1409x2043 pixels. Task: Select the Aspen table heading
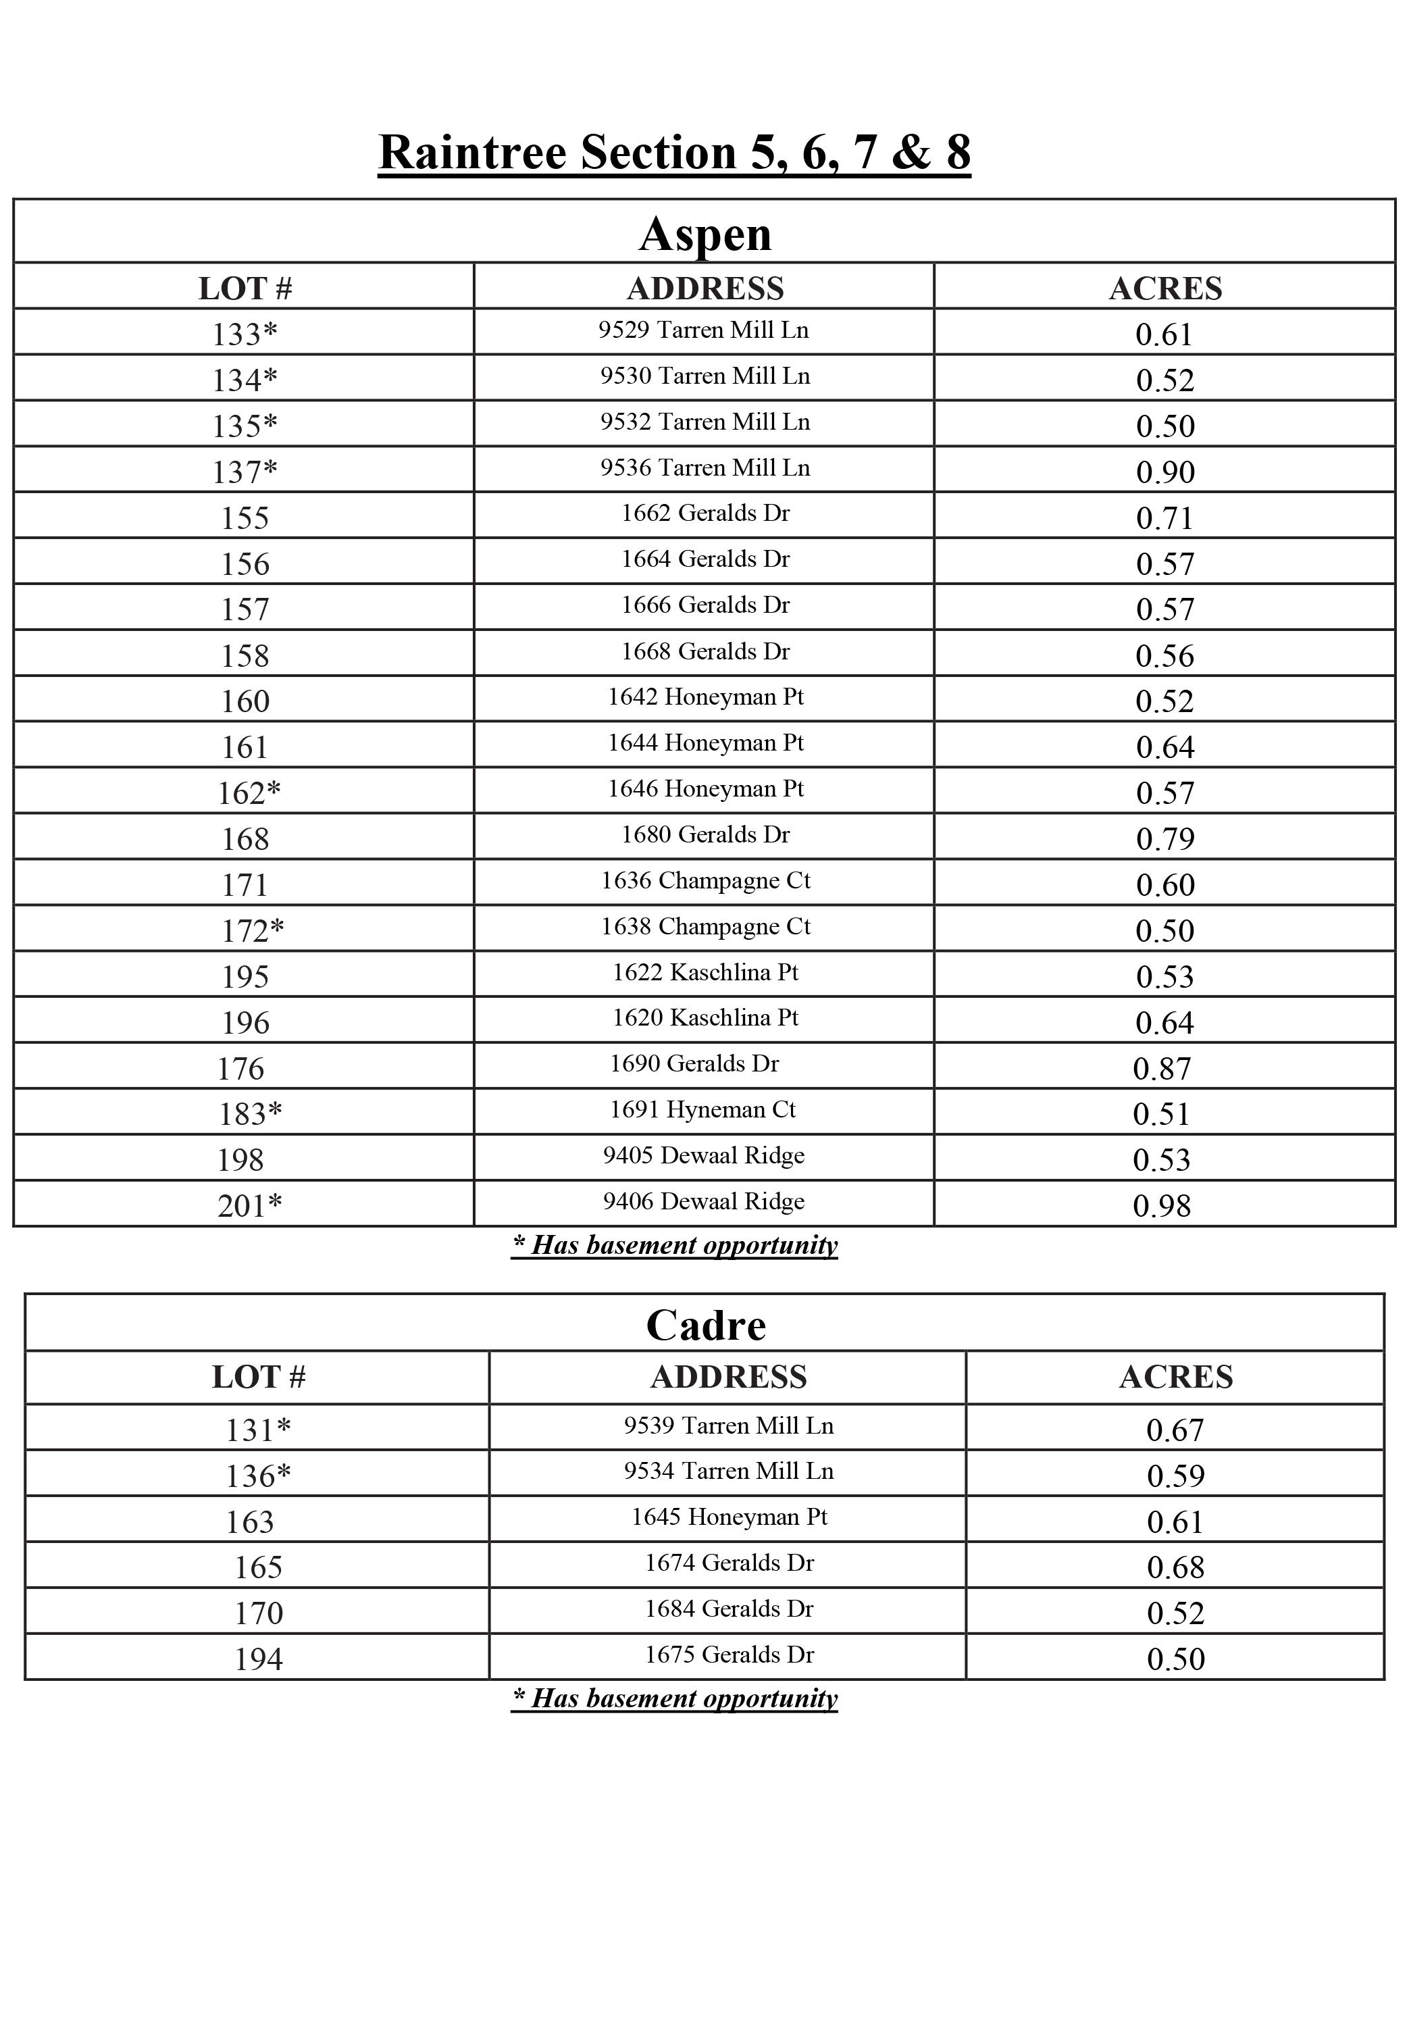point(704,234)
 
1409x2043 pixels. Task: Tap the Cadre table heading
point(705,1326)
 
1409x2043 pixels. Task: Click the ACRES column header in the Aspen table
point(1164,288)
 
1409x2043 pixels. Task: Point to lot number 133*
point(245,334)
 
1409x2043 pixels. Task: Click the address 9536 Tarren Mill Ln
point(704,468)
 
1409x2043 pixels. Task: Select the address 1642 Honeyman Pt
point(704,697)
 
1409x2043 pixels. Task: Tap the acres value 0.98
point(1162,1206)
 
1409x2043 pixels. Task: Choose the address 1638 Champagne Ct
point(704,927)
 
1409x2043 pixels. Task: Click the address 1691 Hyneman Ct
point(702,1110)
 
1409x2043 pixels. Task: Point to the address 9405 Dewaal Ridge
point(704,1156)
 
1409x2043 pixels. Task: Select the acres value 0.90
point(1164,472)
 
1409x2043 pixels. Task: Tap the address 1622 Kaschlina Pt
point(704,973)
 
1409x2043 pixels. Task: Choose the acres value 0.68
point(1175,1568)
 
